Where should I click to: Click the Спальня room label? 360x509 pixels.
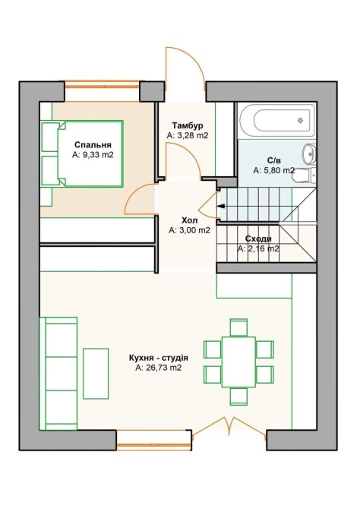pyautogui.click(x=93, y=145)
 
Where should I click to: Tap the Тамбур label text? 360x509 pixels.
pyautogui.click(x=188, y=125)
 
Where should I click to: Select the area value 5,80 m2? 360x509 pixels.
pyautogui.click(x=274, y=170)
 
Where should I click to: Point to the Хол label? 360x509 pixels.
pyautogui.click(x=190, y=221)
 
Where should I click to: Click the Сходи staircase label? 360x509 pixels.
pyautogui.click(x=258, y=239)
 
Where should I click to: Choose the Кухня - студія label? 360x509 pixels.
pyautogui.click(x=159, y=359)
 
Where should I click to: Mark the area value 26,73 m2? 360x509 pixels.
pyautogui.click(x=159, y=368)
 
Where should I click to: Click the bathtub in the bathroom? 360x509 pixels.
pyautogui.click(x=277, y=120)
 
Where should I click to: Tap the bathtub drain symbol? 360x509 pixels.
pyautogui.click(x=301, y=121)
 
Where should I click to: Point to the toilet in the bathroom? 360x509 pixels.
pyautogui.click(x=305, y=176)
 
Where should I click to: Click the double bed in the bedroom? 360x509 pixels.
pyautogui.click(x=82, y=153)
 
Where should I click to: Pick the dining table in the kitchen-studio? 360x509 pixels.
pyautogui.click(x=238, y=362)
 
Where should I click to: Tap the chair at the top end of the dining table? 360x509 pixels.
pyautogui.click(x=238, y=327)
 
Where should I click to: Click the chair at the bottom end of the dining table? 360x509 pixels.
pyautogui.click(x=238, y=397)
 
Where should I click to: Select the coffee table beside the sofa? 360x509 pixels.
pyautogui.click(x=96, y=374)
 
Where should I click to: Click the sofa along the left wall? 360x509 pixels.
pyautogui.click(x=58, y=374)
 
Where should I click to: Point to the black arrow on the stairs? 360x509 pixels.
pyautogui.click(x=223, y=206)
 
